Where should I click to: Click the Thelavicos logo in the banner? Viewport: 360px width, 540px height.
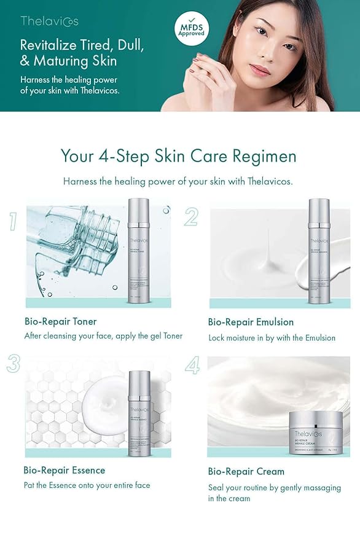49,22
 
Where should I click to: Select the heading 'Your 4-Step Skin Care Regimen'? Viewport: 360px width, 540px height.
178,156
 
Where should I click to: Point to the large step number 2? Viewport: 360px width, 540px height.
191,217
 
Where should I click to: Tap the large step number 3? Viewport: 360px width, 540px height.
14,364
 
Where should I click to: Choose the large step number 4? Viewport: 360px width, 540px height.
192,366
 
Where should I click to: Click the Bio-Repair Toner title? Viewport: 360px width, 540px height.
60,321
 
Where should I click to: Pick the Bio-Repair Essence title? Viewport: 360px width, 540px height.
65,470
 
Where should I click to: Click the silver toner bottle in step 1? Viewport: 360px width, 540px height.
139,251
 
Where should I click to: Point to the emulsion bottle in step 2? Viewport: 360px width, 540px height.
319,251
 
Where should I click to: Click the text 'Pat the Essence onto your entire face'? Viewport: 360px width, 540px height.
87,485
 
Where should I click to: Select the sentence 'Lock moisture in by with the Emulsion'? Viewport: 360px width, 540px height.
272,337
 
